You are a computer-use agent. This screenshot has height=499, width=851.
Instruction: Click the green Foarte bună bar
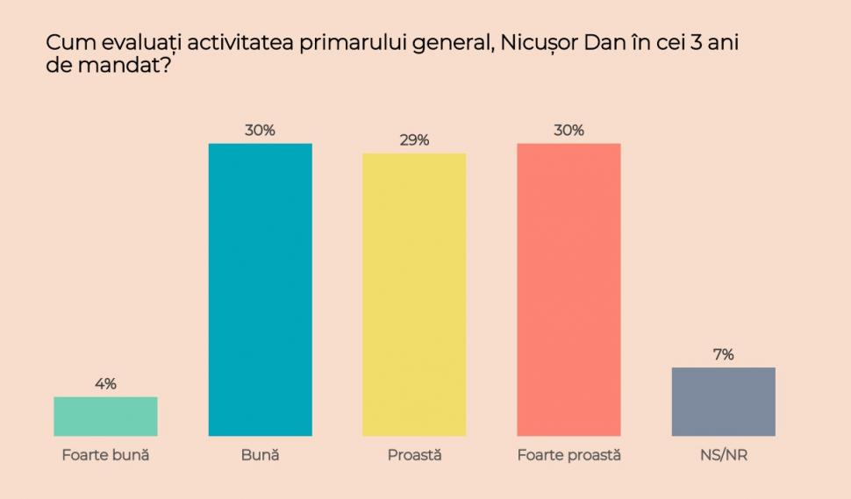pos(105,416)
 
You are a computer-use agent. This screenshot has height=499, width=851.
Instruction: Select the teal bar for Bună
pos(260,289)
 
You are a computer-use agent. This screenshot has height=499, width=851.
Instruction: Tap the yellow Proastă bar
pos(414,295)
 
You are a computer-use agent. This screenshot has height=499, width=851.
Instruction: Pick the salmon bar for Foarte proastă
pos(569,289)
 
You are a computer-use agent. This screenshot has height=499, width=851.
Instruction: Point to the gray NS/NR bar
pos(723,401)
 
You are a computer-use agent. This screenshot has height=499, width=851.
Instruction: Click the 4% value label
pos(105,383)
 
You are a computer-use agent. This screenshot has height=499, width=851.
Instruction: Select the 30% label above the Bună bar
pos(260,130)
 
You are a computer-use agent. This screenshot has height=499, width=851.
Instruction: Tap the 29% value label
pos(414,140)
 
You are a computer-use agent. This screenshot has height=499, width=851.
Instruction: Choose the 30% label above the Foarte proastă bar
pos(569,130)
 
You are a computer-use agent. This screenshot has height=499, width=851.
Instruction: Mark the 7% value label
pos(723,354)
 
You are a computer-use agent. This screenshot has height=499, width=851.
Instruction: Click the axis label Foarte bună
pos(105,455)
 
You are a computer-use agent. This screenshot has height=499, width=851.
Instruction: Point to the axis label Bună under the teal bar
pos(260,455)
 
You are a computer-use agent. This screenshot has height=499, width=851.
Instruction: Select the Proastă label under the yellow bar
pos(414,455)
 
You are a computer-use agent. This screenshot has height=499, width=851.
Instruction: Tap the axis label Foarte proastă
pos(569,455)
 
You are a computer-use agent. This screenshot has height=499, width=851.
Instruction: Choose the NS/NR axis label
pos(723,455)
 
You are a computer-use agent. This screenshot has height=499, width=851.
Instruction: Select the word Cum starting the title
pos(67,44)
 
